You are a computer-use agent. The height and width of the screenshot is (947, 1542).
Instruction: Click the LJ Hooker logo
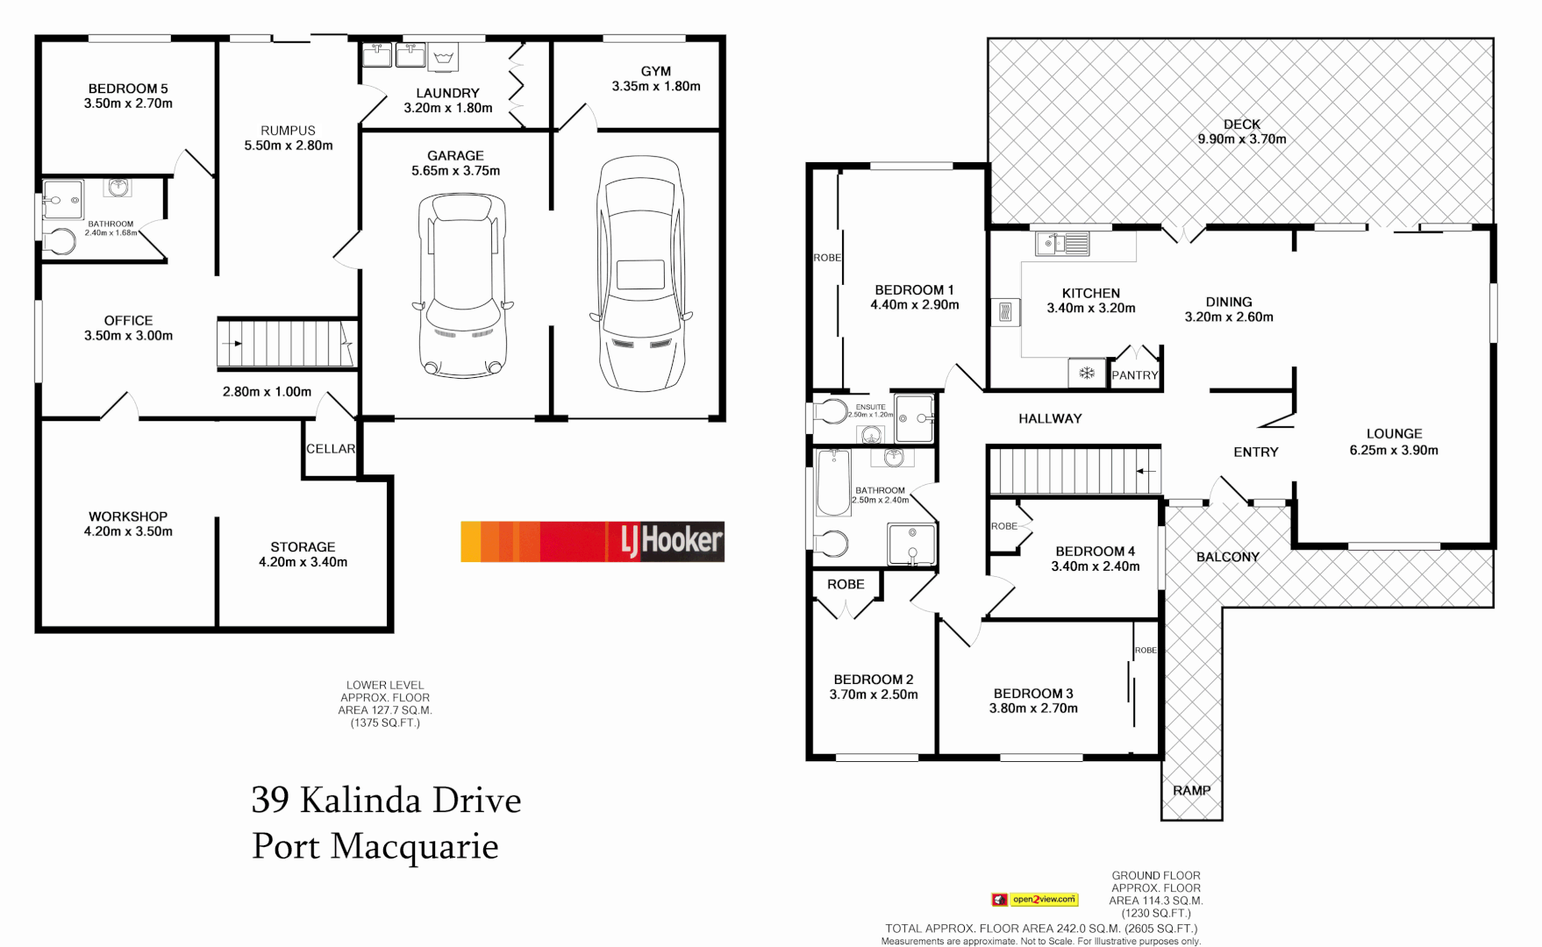pos(592,541)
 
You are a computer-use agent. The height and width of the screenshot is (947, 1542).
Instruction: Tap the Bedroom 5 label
pos(128,89)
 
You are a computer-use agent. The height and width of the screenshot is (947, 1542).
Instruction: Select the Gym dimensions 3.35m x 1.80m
pos(656,86)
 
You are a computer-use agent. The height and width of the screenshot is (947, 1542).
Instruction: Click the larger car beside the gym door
pos(640,274)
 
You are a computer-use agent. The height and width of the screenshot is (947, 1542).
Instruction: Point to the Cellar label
pos(331,449)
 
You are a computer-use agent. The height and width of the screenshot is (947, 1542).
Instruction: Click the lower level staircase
pos(287,343)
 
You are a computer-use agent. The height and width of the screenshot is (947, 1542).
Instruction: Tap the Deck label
pos(1242,125)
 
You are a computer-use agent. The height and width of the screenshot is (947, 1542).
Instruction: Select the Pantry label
pos(1134,375)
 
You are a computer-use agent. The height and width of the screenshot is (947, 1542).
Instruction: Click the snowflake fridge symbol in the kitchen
pos(1087,374)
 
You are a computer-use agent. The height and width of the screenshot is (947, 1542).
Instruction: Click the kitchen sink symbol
pos(1062,243)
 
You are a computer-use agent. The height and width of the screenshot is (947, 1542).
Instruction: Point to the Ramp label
pos(1191,790)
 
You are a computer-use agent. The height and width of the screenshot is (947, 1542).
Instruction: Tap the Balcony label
pos(1227,557)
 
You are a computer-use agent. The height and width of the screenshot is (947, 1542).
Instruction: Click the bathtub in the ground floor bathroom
pos(832,481)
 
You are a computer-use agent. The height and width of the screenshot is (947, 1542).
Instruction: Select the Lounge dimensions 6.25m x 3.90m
pos(1394,450)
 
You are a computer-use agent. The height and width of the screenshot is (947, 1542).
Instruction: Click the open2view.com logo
pos(1035,899)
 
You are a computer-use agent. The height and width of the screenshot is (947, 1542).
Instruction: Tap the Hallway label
pos(1050,418)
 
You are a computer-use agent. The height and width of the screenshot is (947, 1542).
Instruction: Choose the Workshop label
pos(128,516)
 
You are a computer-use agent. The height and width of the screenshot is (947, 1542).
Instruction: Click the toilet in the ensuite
pos(829,412)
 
